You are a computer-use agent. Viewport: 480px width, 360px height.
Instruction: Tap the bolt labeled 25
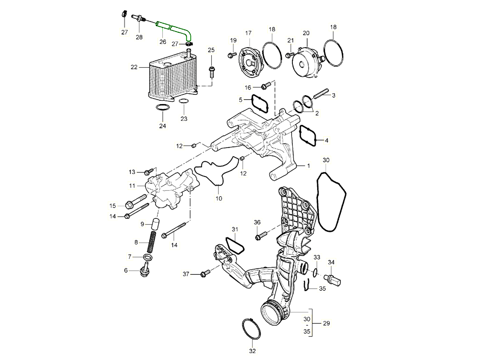[211, 72]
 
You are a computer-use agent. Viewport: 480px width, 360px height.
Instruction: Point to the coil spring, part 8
[152, 242]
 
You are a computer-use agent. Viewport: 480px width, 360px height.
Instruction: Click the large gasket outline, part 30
[332, 202]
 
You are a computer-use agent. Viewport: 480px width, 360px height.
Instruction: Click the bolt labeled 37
[205, 274]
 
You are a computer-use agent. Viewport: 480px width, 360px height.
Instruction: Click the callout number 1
[308, 165]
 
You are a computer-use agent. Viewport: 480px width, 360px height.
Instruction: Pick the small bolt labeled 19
[232, 54]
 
